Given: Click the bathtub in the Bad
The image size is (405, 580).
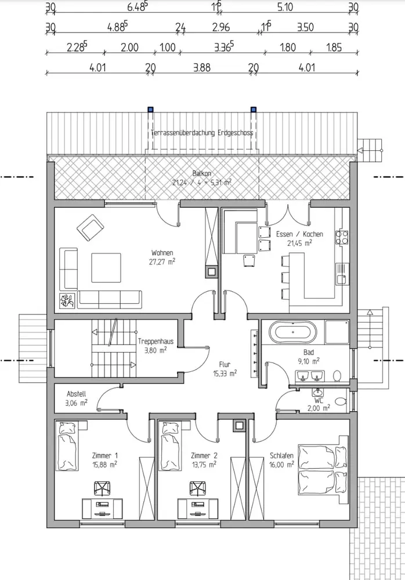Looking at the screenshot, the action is click(292, 332).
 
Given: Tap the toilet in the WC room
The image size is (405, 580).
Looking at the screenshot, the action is click(341, 401).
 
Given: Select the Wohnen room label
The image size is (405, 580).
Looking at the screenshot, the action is click(162, 253).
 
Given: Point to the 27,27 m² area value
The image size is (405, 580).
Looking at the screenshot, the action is click(162, 262).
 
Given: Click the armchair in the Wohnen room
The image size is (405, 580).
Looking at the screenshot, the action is click(90, 227).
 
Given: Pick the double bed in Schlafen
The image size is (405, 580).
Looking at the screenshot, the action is click(323, 470).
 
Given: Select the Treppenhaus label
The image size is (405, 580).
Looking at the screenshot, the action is click(156, 341).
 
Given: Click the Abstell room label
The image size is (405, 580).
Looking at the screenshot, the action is click(77, 394).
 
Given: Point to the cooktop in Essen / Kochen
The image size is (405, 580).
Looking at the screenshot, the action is click(342, 237).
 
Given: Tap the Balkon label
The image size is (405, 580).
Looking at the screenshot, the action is click(202, 173).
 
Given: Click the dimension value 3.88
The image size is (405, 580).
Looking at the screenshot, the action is click(202, 68).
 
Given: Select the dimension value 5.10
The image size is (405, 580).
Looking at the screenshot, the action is click(285, 7).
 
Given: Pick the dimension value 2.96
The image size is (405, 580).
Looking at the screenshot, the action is click(221, 27).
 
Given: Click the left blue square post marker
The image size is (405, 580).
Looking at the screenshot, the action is click(150, 110).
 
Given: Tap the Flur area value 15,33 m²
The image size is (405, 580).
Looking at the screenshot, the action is click(225, 374).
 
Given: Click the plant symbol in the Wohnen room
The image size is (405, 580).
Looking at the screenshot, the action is click(68, 300).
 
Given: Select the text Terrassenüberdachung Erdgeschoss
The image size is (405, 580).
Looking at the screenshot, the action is click(202, 132).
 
